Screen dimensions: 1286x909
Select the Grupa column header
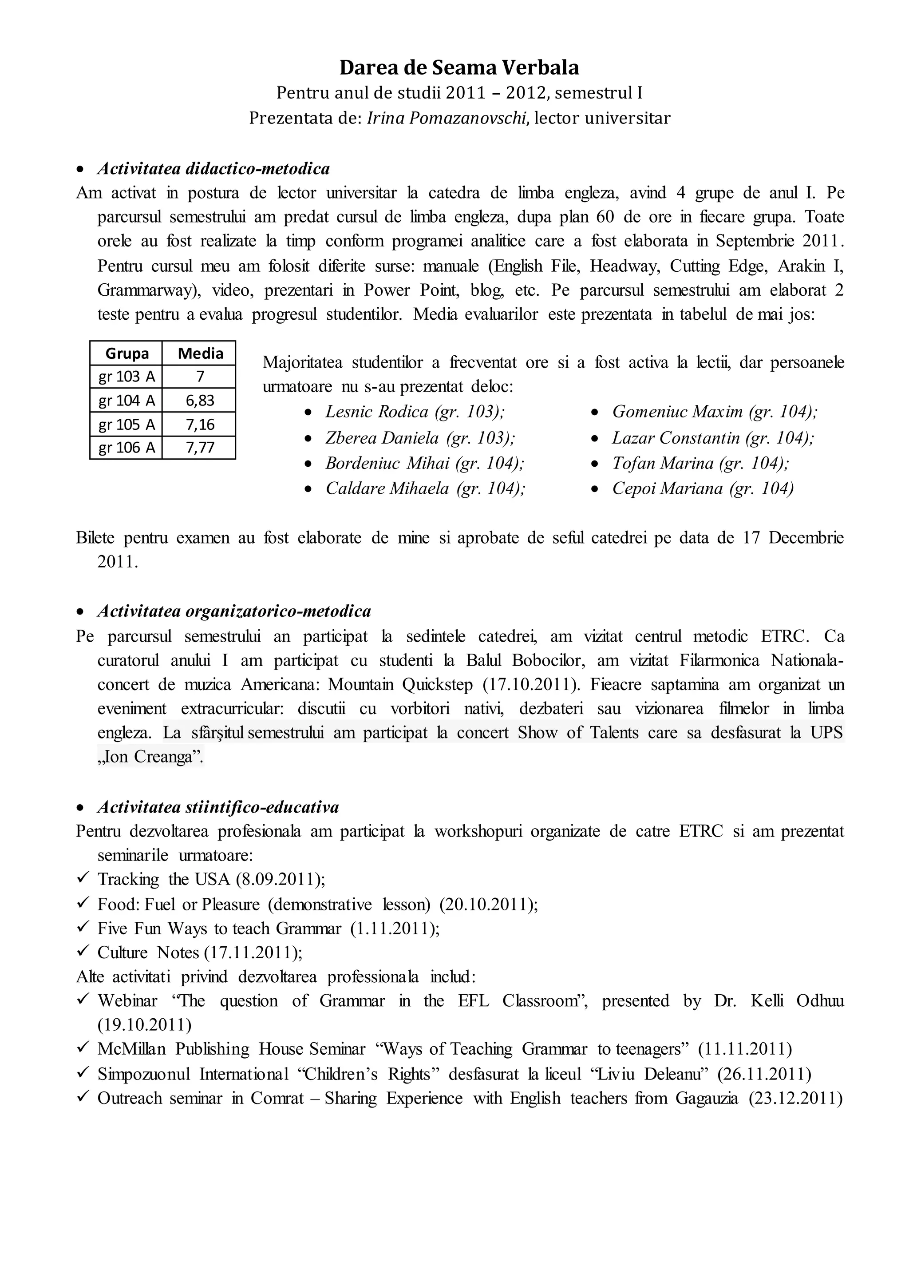126,353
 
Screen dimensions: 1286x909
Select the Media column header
200,353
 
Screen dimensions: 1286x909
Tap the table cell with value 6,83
200,401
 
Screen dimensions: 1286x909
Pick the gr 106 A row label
126,448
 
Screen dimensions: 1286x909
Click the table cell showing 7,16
200,425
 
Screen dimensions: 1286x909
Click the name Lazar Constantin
676,437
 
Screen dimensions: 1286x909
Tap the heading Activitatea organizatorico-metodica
234,611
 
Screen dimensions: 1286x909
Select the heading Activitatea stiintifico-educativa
218,807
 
